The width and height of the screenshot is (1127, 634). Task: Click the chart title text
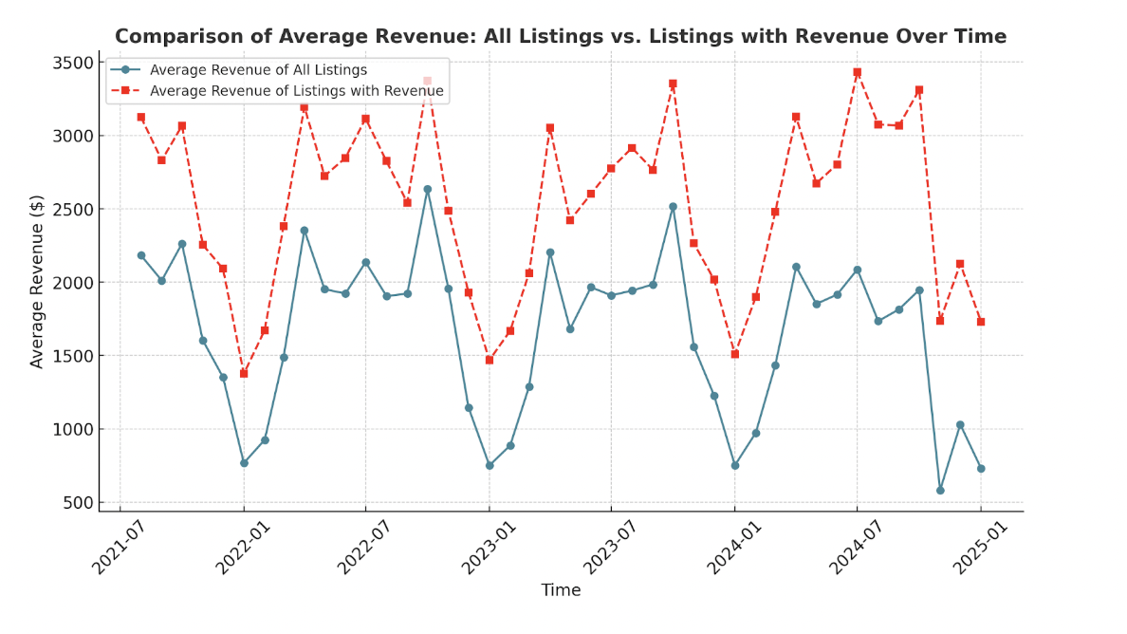tap(561, 37)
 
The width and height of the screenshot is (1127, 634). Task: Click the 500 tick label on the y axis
tap(79, 502)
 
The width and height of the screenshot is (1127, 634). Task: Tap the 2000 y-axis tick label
tap(73, 283)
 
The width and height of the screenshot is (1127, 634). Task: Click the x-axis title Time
tap(561, 590)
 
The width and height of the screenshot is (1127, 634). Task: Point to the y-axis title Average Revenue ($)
tap(38, 282)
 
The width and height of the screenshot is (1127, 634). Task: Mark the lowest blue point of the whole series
tap(940, 490)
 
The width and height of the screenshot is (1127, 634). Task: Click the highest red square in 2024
tap(857, 72)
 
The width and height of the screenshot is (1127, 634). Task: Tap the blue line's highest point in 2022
tap(427, 189)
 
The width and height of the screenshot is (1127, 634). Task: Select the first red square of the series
tap(140, 117)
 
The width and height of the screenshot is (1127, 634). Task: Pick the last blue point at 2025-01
tap(981, 468)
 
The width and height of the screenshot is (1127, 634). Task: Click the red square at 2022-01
tap(244, 373)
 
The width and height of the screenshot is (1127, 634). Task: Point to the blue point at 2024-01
tap(734, 465)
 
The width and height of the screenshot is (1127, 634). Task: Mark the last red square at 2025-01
tap(981, 322)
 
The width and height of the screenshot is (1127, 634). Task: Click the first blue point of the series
tap(140, 255)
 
